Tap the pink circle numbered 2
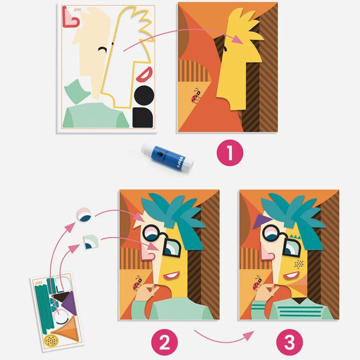(165, 339)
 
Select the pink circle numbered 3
(290, 339)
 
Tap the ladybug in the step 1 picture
(196, 95)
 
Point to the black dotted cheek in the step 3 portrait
(298, 265)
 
